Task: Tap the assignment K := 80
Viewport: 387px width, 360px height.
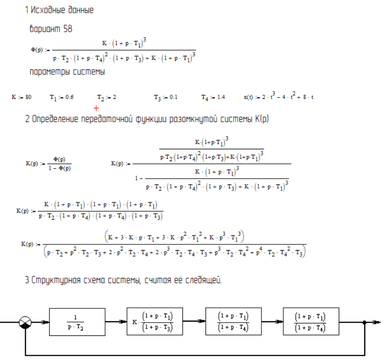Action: [x=22, y=97]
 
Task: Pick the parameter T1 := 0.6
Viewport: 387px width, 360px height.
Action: [x=61, y=97]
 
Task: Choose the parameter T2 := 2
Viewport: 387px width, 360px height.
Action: [x=107, y=97]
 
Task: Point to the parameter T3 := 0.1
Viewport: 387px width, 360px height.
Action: [x=165, y=97]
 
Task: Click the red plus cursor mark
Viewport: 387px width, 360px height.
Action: [x=97, y=108]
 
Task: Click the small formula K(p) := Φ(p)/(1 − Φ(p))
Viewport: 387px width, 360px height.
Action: [x=48, y=163]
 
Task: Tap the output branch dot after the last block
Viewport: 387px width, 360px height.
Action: [x=364, y=323]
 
